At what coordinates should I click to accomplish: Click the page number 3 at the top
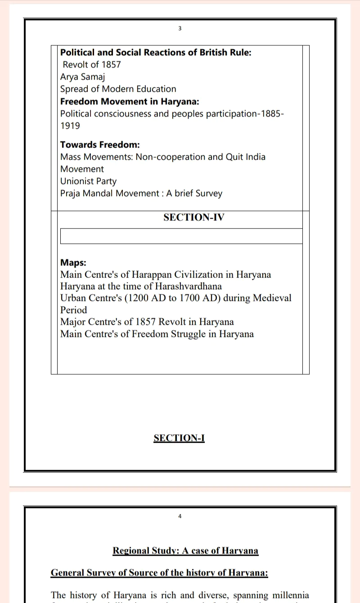(x=180, y=28)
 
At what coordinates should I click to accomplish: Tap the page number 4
(x=180, y=516)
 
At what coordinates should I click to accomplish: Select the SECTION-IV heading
(x=193, y=217)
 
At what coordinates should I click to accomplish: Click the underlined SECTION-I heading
(x=179, y=438)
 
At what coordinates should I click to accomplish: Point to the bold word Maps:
(x=73, y=262)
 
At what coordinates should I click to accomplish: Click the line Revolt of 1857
(x=92, y=64)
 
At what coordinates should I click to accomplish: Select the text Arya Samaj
(x=82, y=76)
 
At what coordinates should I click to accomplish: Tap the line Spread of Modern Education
(x=118, y=89)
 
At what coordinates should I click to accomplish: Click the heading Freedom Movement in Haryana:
(x=130, y=101)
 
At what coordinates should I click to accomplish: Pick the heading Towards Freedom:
(x=100, y=144)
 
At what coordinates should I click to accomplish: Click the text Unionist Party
(x=88, y=181)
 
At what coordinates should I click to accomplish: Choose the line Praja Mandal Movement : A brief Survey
(x=141, y=193)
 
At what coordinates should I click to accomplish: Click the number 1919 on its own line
(x=70, y=126)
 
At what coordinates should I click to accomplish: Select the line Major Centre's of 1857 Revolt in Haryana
(x=147, y=322)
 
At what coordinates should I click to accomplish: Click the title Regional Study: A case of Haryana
(x=185, y=550)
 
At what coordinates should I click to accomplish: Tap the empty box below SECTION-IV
(x=181, y=236)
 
